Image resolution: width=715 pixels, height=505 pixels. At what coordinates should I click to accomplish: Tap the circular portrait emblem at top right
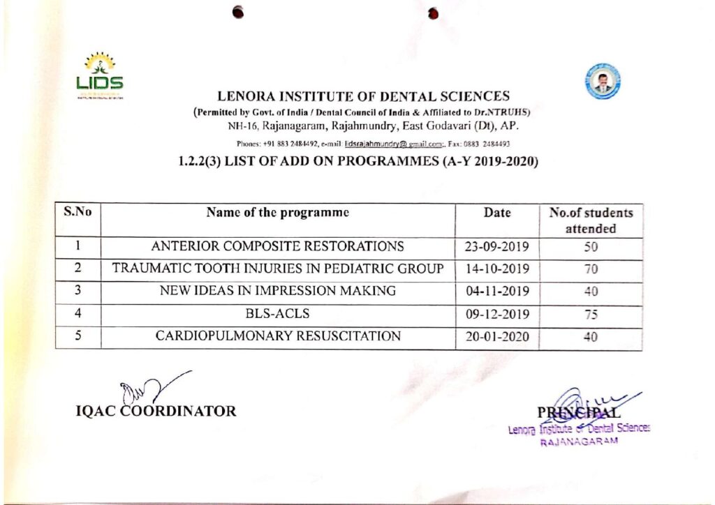[x=603, y=81]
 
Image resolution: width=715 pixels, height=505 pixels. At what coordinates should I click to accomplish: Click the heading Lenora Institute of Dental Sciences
[x=363, y=96]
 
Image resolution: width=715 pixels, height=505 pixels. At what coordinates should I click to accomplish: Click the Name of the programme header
[x=278, y=213]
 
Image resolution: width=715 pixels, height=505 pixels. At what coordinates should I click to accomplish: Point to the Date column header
[x=497, y=213]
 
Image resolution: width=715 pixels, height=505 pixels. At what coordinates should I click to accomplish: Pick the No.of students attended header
[x=591, y=220]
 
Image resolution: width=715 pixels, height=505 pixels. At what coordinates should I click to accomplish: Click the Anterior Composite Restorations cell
[x=278, y=246]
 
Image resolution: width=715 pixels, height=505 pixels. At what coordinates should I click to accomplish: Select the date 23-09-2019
[x=497, y=247]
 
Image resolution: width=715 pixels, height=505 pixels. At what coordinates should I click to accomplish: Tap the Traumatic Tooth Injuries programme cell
[x=278, y=269]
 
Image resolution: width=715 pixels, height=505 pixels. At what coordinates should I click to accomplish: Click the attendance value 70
[x=591, y=269]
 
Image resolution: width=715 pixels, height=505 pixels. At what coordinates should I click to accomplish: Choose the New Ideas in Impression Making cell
[x=278, y=291]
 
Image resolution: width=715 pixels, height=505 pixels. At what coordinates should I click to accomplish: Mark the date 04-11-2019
[x=497, y=292]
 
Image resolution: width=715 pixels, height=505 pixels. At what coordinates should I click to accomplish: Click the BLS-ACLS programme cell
[x=278, y=313]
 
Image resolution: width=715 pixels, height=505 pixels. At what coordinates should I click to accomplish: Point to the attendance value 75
[x=591, y=314]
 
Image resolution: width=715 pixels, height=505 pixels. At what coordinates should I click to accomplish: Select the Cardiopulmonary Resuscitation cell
[x=278, y=336]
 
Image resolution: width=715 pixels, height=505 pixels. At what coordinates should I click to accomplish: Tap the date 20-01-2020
[x=497, y=337]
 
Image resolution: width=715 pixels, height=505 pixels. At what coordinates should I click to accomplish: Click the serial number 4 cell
[x=79, y=313]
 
